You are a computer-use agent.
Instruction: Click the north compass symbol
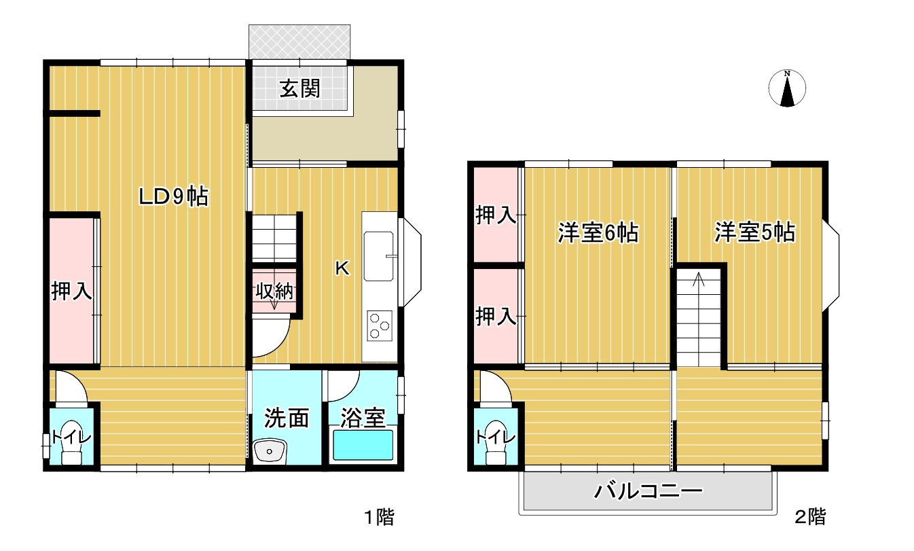(787, 88)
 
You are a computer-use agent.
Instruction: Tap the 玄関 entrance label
(300, 88)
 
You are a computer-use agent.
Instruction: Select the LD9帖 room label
(174, 197)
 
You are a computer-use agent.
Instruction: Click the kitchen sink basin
(379, 256)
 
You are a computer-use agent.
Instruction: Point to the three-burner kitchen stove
(380, 325)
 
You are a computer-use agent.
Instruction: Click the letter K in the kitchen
(342, 268)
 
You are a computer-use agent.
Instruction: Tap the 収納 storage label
(274, 291)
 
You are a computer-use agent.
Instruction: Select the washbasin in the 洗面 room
(270, 450)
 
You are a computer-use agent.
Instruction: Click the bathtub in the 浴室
(363, 444)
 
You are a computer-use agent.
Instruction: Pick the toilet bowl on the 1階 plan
(72, 442)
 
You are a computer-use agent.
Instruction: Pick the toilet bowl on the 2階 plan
(496, 442)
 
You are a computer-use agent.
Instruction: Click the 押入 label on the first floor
(71, 291)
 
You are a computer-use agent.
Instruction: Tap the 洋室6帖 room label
(598, 233)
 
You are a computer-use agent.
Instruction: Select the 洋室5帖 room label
(755, 232)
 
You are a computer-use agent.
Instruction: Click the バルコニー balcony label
(648, 491)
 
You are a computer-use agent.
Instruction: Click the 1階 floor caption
(379, 517)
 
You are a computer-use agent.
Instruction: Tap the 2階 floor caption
(810, 517)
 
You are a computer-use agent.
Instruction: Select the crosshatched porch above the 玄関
(299, 41)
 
